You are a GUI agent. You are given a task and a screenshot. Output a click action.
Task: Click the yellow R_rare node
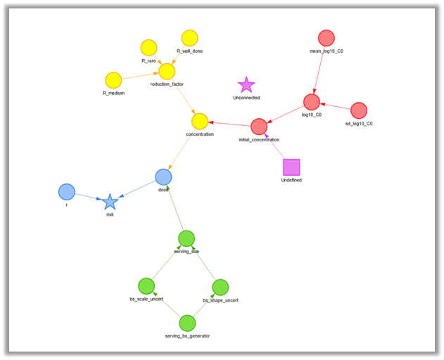click(148, 48)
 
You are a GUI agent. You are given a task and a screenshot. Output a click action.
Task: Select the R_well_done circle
click(189, 38)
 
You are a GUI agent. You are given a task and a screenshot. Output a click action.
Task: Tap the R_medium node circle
click(113, 80)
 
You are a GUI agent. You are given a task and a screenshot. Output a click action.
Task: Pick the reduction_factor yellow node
click(167, 71)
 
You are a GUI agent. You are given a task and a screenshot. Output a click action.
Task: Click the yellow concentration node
click(200, 121)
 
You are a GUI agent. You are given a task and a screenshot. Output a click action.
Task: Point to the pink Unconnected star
click(246, 85)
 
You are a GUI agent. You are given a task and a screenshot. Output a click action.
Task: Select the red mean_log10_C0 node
click(326, 38)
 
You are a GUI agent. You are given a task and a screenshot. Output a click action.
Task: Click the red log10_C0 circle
click(312, 102)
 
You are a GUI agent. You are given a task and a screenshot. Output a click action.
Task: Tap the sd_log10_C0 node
click(359, 110)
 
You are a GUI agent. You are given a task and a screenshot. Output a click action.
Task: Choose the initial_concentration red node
click(259, 127)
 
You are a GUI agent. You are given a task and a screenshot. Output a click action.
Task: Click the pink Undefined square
click(291, 167)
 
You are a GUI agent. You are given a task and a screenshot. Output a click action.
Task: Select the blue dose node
click(163, 176)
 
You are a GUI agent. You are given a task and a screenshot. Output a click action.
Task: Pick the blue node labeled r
click(67, 191)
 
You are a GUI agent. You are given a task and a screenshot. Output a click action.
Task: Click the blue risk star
click(110, 202)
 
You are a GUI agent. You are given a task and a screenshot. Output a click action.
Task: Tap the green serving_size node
click(186, 238)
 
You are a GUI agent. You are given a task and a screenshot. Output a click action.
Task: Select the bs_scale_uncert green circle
click(146, 285)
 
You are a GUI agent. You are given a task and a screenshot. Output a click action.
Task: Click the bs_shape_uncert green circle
click(220, 287)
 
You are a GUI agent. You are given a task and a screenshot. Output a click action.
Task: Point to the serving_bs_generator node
click(187, 323)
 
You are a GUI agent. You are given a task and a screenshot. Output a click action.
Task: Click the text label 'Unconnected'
click(246, 98)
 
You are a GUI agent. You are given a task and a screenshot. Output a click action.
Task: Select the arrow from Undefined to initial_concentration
click(275, 147)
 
